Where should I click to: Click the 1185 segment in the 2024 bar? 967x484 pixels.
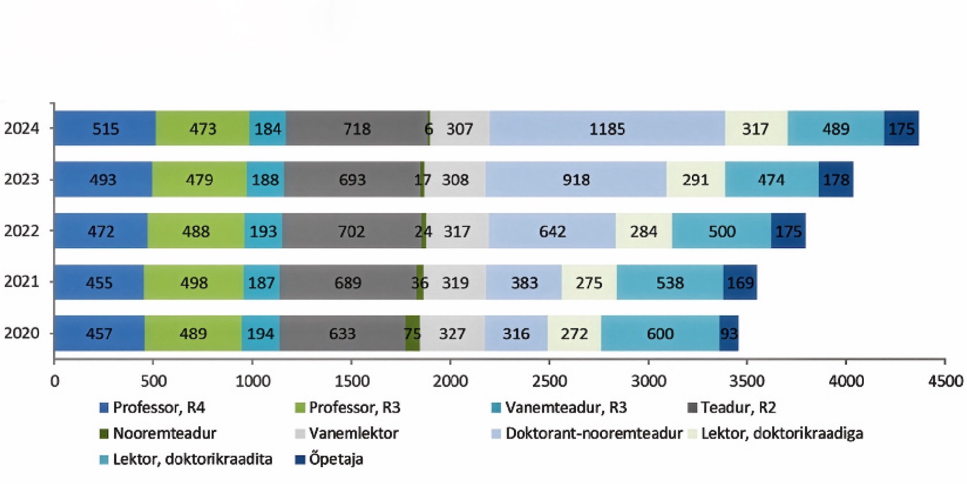tap(607, 128)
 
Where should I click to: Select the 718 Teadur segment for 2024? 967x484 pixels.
tap(357, 128)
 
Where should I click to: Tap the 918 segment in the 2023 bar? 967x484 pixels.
tap(575, 179)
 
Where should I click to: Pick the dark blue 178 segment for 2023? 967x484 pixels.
tap(836, 179)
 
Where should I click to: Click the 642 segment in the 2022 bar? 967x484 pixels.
tap(552, 231)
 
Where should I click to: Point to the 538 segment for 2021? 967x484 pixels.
tap(670, 282)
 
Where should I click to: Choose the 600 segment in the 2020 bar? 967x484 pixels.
tap(660, 333)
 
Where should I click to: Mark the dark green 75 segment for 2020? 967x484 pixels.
tap(412, 333)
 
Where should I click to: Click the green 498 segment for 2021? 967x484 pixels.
tap(193, 282)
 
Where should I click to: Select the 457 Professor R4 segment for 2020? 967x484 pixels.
tap(99, 333)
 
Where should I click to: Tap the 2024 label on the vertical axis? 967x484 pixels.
tap(21, 128)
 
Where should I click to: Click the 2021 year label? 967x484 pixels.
tap(21, 281)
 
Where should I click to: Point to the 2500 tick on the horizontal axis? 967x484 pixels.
tap(549, 381)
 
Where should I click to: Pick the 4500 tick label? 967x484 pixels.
tap(945, 381)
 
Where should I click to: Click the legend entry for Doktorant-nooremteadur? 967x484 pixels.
tap(593, 433)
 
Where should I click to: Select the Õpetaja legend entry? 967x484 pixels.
tap(335, 459)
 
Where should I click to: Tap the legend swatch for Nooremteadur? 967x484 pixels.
tap(104, 434)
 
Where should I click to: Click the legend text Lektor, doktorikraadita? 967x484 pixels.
tap(192, 459)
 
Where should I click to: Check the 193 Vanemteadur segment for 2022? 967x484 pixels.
tap(263, 231)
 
